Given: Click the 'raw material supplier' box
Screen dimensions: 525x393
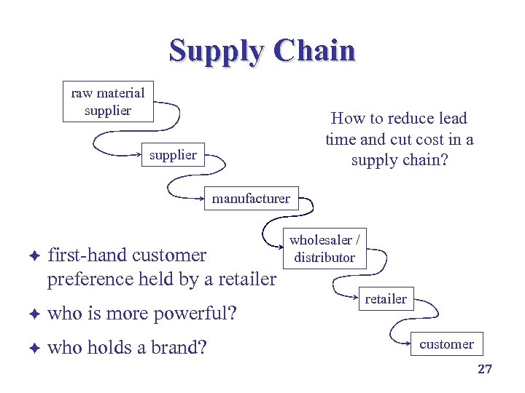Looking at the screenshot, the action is click(x=108, y=101).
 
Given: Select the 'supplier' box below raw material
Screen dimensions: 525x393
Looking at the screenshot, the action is click(x=173, y=154).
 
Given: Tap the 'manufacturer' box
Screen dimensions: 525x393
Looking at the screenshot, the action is click(x=251, y=198).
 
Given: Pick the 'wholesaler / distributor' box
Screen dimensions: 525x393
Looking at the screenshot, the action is click(x=324, y=248).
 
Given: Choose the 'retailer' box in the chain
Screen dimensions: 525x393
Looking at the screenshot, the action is click(x=386, y=298).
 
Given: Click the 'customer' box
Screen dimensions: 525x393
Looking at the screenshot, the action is click(x=446, y=344).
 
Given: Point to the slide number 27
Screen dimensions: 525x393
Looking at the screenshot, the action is click(x=485, y=369).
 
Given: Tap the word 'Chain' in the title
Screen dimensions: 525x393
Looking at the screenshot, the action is click(x=315, y=51).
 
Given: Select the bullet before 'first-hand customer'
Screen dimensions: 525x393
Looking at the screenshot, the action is click(x=34, y=255).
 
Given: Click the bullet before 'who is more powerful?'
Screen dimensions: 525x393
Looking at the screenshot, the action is click(x=34, y=314).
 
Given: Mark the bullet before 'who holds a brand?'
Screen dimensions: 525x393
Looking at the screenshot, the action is click(x=34, y=348).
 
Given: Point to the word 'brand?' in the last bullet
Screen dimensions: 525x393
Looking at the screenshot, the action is click(x=179, y=348).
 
